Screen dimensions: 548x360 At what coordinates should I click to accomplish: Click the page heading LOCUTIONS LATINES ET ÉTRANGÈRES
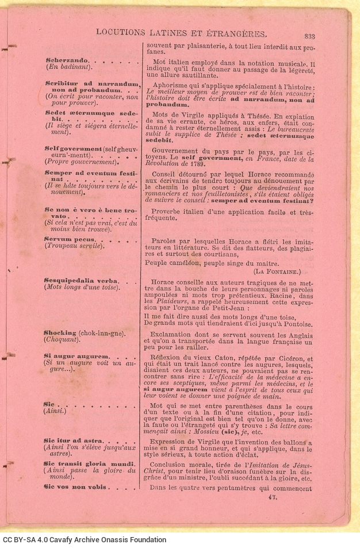[x=181, y=33]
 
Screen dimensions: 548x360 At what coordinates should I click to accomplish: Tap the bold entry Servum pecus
[x=67, y=239]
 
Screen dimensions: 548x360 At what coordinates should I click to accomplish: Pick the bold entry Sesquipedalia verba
[x=80, y=280]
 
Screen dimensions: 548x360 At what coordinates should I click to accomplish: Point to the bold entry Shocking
[x=60, y=332]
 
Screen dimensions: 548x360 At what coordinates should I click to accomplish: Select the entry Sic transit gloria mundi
[x=89, y=463]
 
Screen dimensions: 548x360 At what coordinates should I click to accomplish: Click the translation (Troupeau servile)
[x=75, y=246]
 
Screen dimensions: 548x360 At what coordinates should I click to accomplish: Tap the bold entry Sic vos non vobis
[x=75, y=487]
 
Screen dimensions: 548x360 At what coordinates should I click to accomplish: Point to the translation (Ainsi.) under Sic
[x=56, y=412]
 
